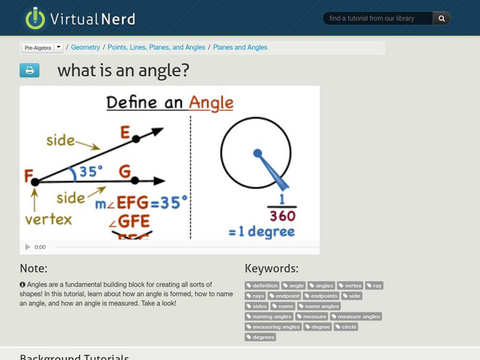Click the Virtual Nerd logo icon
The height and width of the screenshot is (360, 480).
(x=35, y=18)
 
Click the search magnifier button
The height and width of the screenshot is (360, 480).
(x=442, y=19)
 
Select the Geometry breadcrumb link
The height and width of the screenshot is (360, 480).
(x=85, y=47)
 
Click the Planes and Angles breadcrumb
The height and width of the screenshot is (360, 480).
(x=240, y=47)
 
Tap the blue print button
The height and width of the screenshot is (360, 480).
(x=29, y=71)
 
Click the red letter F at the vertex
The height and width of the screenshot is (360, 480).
(x=28, y=176)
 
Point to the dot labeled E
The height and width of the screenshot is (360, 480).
(x=136, y=139)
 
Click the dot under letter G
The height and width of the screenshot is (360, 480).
(x=135, y=181)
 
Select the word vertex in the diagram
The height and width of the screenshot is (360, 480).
(x=48, y=220)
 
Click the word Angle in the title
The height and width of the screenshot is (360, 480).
(x=211, y=102)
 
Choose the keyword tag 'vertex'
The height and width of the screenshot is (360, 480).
(x=350, y=286)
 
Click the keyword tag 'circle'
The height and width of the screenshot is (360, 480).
(x=346, y=327)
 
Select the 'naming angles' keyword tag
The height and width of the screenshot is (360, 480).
(x=269, y=317)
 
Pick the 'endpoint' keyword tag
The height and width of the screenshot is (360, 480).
(x=284, y=296)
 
